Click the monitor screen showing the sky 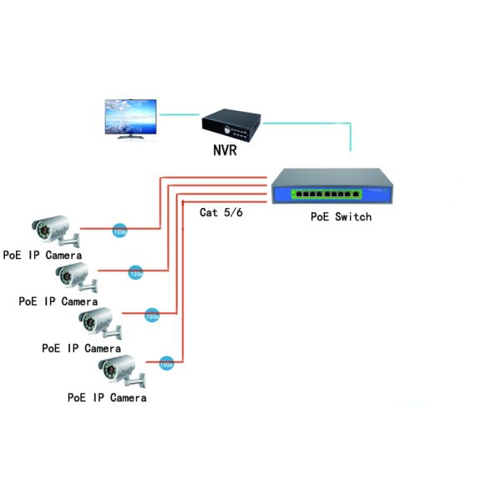[x=131, y=116]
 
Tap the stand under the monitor [x=131, y=138]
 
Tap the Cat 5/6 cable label [x=221, y=212]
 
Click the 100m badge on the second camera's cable [x=135, y=272]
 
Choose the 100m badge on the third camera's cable [x=152, y=316]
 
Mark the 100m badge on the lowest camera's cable [x=166, y=363]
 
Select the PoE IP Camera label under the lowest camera [x=107, y=397]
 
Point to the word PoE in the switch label [x=320, y=217]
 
